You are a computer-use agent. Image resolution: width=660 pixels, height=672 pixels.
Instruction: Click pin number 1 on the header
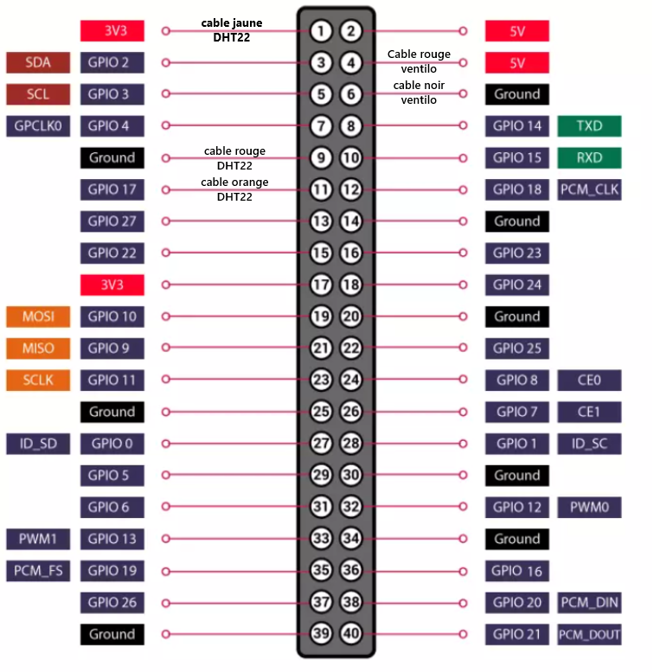(321, 31)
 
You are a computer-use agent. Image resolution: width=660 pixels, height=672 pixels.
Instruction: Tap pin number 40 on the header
(350, 634)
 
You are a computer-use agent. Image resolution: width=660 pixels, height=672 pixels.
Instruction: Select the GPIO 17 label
(112, 189)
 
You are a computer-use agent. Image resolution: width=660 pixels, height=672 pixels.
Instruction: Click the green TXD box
(589, 125)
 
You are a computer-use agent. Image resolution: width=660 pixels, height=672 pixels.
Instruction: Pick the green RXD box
(589, 157)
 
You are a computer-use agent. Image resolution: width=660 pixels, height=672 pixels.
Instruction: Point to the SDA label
(38, 62)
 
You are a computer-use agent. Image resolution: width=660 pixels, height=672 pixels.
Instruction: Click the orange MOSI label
(38, 317)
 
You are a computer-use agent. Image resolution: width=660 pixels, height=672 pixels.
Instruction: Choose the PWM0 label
(589, 507)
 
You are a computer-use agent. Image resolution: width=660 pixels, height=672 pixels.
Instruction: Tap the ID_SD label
(38, 444)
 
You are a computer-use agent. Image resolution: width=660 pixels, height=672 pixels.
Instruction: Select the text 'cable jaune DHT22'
(232, 30)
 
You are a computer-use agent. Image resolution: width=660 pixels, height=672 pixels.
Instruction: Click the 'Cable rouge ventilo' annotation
(419, 61)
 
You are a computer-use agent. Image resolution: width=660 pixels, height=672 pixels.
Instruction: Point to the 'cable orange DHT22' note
(234, 189)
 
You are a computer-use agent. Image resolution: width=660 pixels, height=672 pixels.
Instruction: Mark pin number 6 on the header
(350, 94)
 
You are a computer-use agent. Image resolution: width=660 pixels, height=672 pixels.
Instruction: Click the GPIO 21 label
(517, 634)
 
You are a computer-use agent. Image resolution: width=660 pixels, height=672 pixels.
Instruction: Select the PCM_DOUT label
(589, 634)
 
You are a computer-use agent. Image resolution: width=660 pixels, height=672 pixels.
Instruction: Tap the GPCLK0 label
(38, 125)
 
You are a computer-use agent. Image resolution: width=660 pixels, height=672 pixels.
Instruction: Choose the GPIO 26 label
(112, 602)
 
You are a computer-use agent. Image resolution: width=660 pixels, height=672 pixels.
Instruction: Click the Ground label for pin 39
(112, 634)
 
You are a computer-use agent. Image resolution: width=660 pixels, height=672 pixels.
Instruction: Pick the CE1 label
(589, 412)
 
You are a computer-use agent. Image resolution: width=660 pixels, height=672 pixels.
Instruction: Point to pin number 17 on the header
(321, 285)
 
